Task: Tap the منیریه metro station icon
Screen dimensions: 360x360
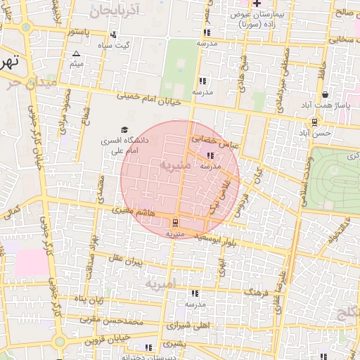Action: (175, 223)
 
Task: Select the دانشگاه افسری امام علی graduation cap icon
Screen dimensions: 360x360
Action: (125, 130)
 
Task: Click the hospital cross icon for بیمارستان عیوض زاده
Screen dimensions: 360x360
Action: (257, 4)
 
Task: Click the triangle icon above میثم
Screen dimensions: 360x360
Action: (77, 53)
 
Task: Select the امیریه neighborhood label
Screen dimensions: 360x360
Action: (160, 285)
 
